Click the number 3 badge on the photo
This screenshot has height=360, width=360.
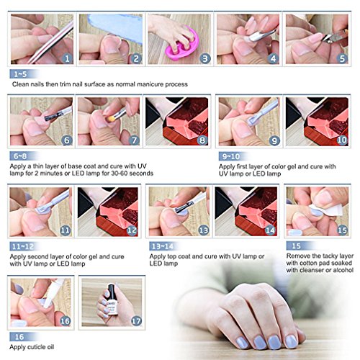205,58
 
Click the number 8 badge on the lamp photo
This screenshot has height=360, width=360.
202,140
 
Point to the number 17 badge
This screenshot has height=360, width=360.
136,321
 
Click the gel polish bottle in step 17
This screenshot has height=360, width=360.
111,300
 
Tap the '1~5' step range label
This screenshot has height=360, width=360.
20,74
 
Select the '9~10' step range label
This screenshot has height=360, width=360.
231,156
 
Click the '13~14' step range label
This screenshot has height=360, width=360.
163,246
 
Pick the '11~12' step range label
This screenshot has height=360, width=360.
23,246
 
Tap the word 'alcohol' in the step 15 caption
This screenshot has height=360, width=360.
343,270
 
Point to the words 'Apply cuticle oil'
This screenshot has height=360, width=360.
32,347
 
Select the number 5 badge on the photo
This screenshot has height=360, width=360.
342,58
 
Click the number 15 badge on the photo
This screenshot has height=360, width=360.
342,230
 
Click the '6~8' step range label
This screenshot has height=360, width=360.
20,156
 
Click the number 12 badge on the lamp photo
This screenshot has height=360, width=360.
132,230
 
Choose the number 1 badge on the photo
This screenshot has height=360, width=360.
67,58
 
